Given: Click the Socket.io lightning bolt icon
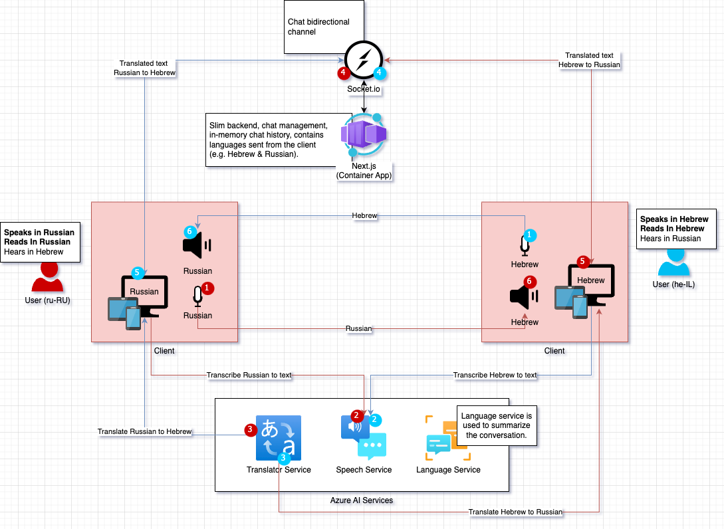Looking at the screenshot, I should point(364,60).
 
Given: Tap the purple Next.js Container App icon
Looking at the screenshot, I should point(364,135).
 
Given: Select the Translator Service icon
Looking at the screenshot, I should point(279,438).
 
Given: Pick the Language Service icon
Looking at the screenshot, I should point(447,438).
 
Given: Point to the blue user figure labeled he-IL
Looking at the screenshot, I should point(674,261).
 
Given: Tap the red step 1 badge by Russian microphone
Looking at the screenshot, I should point(208,288).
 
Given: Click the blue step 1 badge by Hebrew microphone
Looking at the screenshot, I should point(529,235).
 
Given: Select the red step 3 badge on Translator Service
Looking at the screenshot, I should point(250,429).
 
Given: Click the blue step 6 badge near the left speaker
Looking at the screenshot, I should point(190,231).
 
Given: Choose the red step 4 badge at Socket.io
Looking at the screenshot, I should point(343,72).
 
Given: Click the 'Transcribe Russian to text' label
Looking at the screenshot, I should point(249,375).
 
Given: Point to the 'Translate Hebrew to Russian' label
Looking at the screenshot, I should point(515,512).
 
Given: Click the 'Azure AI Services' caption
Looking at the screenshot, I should point(362,500).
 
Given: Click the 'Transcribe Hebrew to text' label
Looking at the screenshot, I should point(495,375).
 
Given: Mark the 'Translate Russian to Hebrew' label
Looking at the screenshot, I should point(144,431).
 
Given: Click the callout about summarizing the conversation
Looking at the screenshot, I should point(497,425).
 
